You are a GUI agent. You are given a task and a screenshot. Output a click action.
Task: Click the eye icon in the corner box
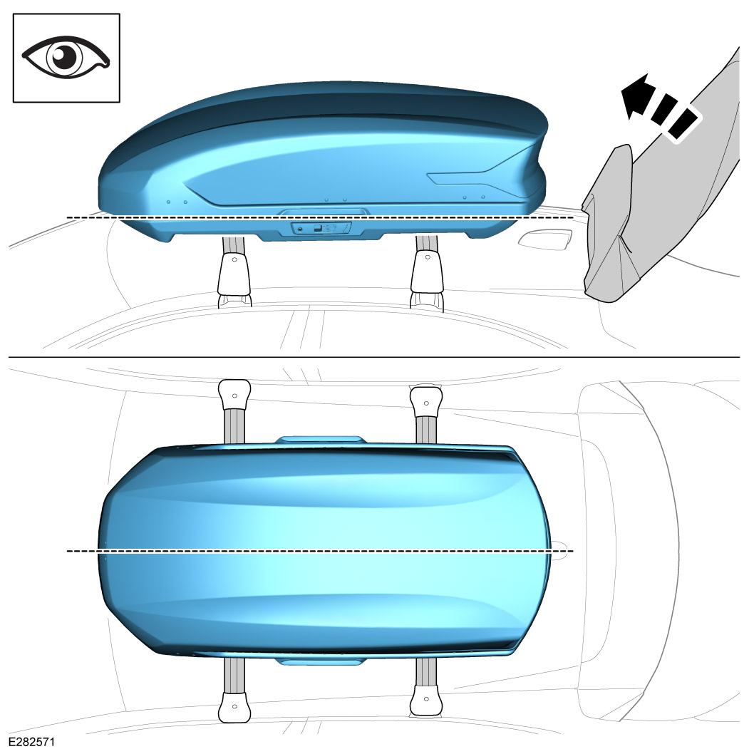[66, 58]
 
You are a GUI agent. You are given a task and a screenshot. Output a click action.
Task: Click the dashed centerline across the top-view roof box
[321, 551]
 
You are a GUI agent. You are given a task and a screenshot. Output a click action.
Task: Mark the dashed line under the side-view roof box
[321, 217]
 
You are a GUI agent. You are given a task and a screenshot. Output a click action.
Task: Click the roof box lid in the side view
[321, 143]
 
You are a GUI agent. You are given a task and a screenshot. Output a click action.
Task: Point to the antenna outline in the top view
[561, 549]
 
